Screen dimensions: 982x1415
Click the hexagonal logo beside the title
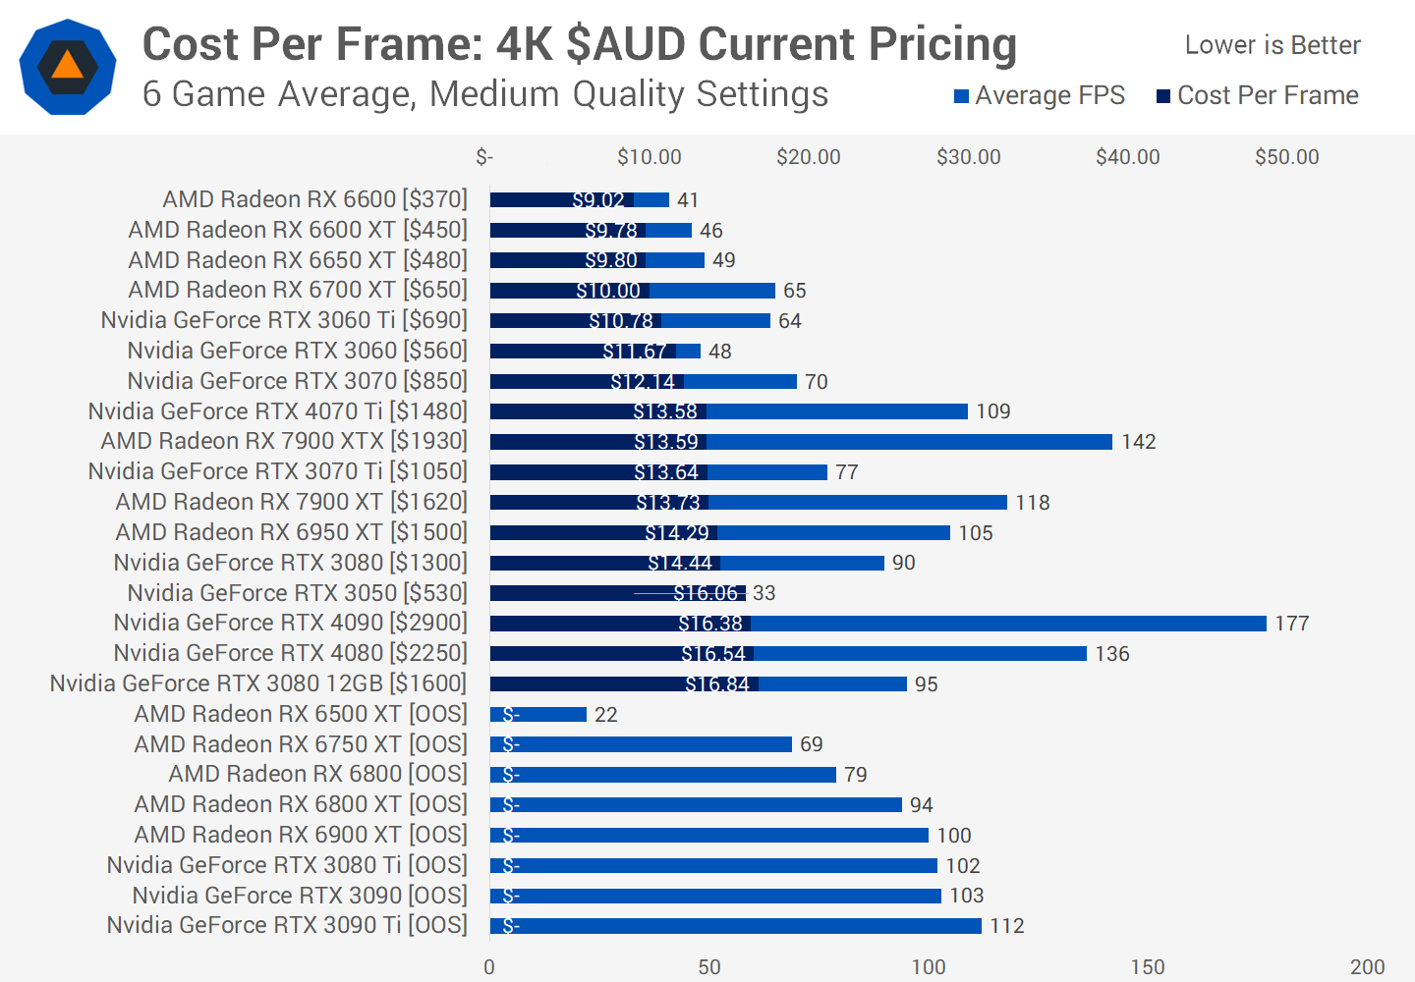pos(68,67)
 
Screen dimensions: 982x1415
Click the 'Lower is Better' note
pos(1272,45)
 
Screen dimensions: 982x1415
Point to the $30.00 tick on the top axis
pos(968,157)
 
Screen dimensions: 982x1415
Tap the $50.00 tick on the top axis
pos(1286,157)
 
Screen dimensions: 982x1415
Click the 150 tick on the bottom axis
pos(1148,966)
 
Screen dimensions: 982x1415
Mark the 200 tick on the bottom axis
pos(1367,966)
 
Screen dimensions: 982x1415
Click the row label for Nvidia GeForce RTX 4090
pos(290,623)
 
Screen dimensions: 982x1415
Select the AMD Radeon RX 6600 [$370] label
pos(314,199)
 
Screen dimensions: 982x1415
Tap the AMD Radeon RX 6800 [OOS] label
pos(317,774)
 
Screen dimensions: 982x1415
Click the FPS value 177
pos(1291,624)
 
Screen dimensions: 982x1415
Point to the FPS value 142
pos(1138,442)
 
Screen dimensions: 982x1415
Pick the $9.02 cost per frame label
pos(597,200)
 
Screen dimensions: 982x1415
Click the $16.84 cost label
pos(717,684)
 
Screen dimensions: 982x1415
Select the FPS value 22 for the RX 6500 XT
pos(605,715)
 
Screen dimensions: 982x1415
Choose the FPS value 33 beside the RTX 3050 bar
pos(764,593)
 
